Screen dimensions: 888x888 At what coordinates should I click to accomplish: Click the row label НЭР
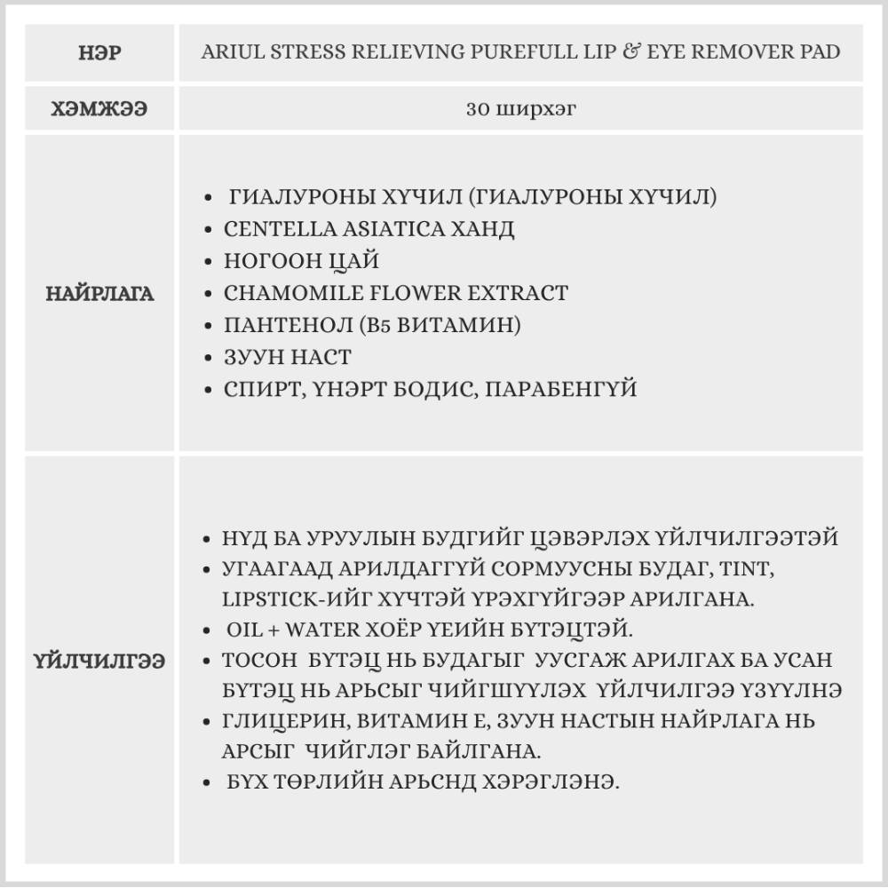99,52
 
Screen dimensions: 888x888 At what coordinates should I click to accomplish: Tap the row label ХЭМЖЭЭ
99,109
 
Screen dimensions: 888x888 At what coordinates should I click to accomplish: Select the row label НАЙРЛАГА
99,294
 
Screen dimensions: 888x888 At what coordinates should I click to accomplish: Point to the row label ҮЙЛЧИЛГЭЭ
99,662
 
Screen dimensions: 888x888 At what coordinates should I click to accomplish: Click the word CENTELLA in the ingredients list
270,229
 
